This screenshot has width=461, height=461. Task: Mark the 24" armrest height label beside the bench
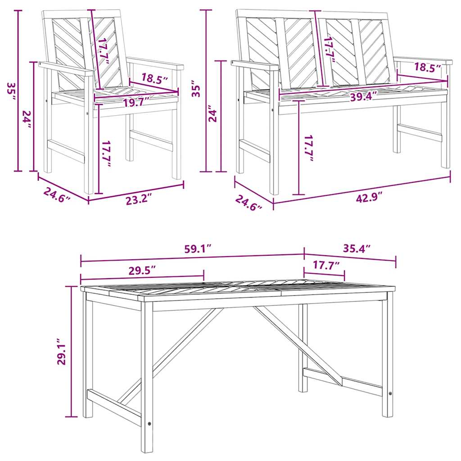214,115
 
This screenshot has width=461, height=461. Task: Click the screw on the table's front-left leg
149,423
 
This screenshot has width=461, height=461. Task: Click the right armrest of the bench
423,60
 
